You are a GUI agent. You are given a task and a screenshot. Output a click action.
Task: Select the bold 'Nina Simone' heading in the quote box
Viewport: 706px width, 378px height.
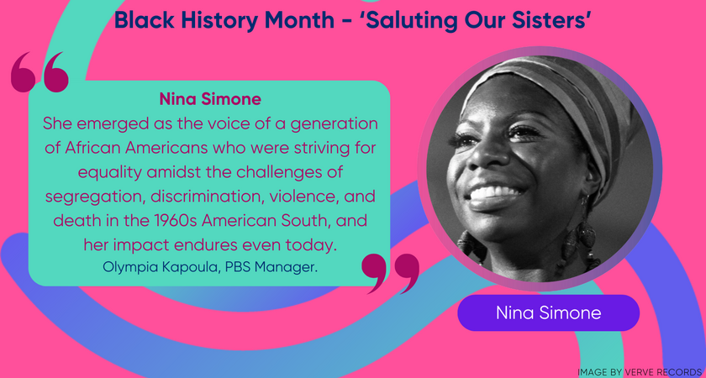209,99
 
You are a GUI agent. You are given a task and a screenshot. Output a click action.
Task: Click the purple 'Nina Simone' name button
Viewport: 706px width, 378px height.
549,312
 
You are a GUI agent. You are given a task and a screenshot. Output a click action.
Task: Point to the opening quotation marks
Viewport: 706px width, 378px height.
40,72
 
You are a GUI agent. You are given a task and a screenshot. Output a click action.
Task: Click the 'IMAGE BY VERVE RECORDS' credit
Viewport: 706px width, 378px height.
640,370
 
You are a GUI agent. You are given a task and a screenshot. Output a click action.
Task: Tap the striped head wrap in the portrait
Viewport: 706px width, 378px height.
572,101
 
